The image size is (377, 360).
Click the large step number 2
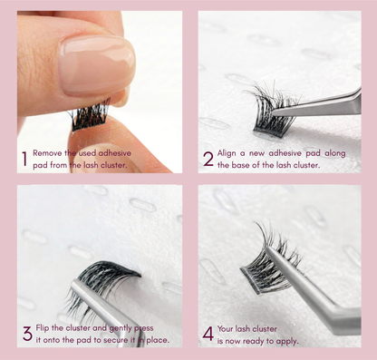tap(208, 161)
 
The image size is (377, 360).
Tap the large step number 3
tap(27, 333)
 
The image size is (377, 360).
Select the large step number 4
tap(208, 333)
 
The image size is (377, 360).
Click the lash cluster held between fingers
tap(91, 115)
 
